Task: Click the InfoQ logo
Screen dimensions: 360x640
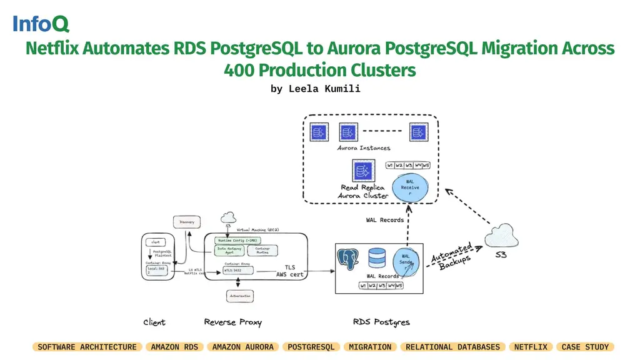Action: [41, 24]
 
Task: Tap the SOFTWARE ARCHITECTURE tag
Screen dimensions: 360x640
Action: [87, 347]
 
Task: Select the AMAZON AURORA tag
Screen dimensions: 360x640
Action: [242, 347]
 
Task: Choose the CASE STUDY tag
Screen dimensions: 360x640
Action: [584, 347]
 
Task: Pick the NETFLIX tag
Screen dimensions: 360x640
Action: [531, 347]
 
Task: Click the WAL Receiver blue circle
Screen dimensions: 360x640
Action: [410, 187]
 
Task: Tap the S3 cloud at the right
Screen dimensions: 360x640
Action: [502, 237]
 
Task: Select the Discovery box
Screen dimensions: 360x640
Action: [187, 222]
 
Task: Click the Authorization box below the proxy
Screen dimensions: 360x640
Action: [239, 296]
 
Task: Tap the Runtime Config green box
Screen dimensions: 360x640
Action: [237, 240]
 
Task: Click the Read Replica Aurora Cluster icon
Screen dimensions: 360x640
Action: [362, 171]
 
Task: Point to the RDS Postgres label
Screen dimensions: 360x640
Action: [381, 322]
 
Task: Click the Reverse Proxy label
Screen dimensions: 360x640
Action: [232, 322]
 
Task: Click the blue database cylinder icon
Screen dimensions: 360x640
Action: [377, 258]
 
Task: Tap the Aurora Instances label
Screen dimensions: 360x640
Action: [364, 148]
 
